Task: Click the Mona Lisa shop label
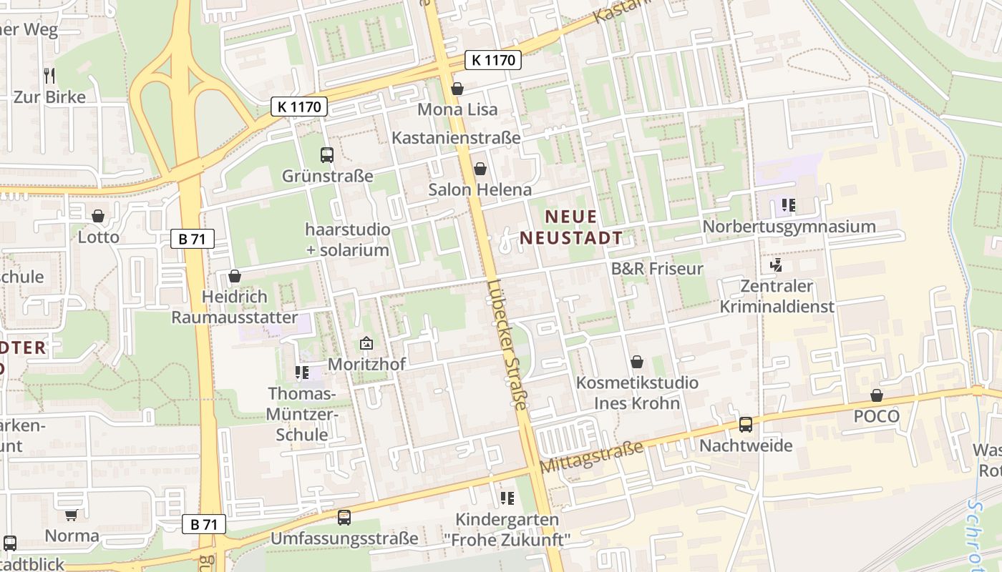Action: coord(457,109)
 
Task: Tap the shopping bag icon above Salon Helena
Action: coord(480,169)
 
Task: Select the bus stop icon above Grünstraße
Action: coord(327,154)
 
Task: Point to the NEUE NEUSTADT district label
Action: coord(570,227)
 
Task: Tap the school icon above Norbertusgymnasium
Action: coord(789,206)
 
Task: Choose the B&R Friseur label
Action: coord(656,269)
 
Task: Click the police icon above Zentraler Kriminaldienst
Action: coord(776,265)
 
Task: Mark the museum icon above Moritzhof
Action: coord(366,344)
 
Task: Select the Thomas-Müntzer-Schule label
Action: coord(301,414)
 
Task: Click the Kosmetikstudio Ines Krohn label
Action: coord(637,393)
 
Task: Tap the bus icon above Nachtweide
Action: coord(746,425)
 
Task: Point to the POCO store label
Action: coord(876,416)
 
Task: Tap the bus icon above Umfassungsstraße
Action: coord(344,517)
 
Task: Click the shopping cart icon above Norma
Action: coord(72,515)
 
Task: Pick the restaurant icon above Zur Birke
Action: coord(49,75)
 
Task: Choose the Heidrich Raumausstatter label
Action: coord(234,307)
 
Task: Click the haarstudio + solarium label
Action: coord(348,240)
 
